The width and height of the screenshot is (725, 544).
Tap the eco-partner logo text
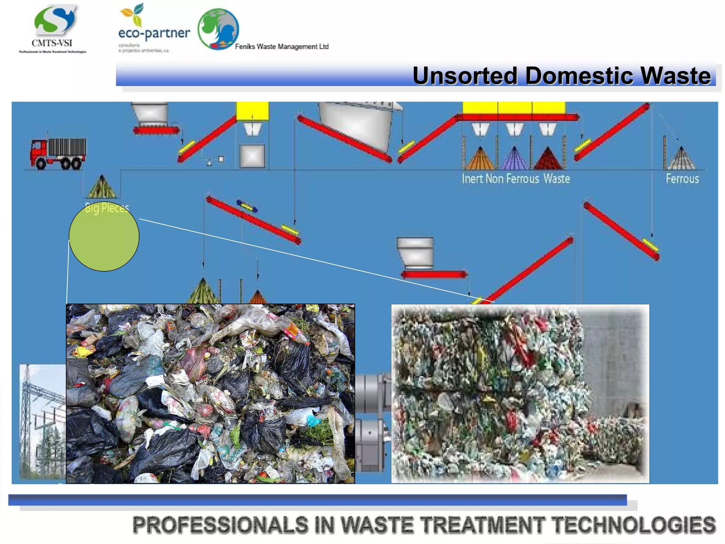(x=154, y=33)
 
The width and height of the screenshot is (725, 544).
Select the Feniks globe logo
(x=218, y=29)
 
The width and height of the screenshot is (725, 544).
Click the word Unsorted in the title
(x=464, y=76)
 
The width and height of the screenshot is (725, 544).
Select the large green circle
(x=104, y=237)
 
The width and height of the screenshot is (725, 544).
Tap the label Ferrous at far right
(x=682, y=178)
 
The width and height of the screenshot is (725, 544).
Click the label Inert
(x=472, y=178)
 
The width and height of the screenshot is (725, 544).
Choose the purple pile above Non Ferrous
(x=514, y=159)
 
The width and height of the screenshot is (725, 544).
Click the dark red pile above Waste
(x=548, y=159)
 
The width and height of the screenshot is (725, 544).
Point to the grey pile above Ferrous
(x=681, y=159)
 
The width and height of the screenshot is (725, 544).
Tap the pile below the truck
(x=102, y=188)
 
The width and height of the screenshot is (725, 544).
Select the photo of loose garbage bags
(x=210, y=393)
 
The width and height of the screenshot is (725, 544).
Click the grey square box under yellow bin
(x=252, y=156)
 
